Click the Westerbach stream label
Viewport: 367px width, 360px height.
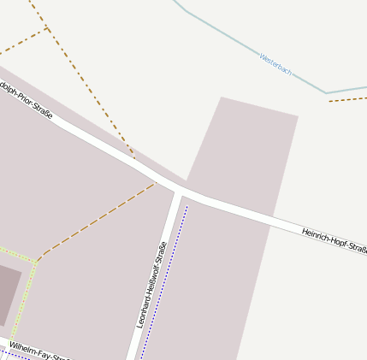(275, 65)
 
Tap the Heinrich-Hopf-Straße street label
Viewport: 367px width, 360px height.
(334, 240)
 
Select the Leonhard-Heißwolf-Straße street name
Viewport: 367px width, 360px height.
(151, 285)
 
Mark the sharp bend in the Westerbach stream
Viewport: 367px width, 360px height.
(326, 93)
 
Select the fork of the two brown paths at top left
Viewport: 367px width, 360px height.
(47, 29)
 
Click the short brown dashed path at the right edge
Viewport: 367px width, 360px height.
(347, 99)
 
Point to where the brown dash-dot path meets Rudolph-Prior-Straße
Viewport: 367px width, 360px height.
(134, 158)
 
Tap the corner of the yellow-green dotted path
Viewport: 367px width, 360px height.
(36, 260)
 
